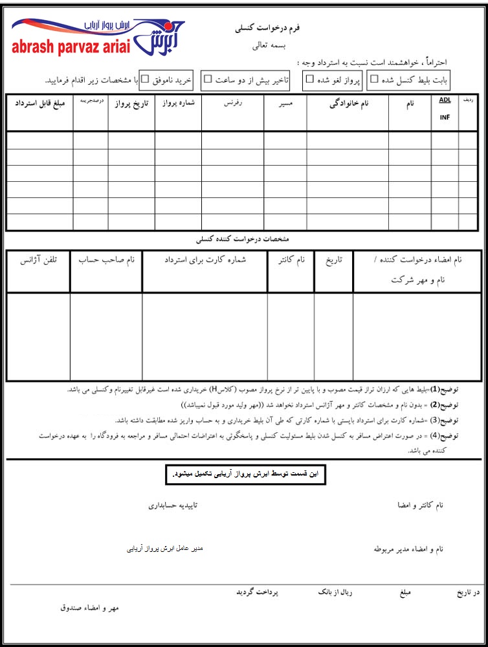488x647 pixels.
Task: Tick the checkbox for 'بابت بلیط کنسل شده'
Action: pyautogui.click(x=373, y=80)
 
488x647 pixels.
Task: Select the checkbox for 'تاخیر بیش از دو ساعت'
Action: pyautogui.click(x=208, y=80)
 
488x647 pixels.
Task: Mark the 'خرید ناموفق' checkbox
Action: pyautogui.click(x=145, y=80)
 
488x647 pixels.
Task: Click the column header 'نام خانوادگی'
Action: pyautogui.click(x=348, y=104)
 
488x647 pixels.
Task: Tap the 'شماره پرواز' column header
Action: pyautogui.click(x=178, y=103)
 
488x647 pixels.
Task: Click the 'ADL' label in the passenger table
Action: pyautogui.click(x=445, y=100)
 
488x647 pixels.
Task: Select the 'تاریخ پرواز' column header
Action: pyautogui.click(x=131, y=104)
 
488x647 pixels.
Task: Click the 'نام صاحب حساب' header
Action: pyautogui.click(x=106, y=260)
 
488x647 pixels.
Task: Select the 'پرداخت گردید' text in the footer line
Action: pyautogui.click(x=256, y=592)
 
